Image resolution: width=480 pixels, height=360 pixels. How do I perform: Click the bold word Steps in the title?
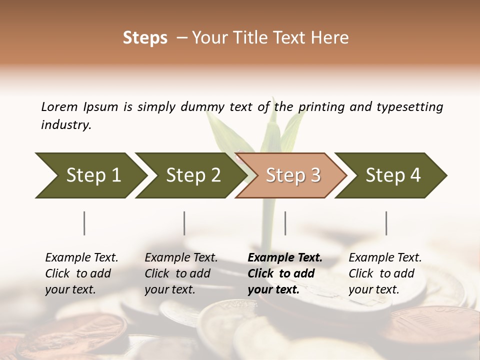[x=145, y=38]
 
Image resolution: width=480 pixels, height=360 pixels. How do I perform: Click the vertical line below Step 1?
[x=84, y=223]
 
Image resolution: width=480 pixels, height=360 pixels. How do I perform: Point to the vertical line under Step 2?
[x=184, y=223]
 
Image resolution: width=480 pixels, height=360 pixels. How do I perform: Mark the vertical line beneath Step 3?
[x=285, y=223]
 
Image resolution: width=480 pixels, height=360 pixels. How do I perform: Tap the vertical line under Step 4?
[x=386, y=223]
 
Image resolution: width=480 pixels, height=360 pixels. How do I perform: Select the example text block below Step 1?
[x=81, y=273]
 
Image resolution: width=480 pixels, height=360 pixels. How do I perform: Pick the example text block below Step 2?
[x=181, y=273]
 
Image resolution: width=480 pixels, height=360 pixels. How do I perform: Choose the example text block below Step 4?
[x=385, y=273]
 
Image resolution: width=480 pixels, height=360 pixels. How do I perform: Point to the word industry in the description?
[x=66, y=125]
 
